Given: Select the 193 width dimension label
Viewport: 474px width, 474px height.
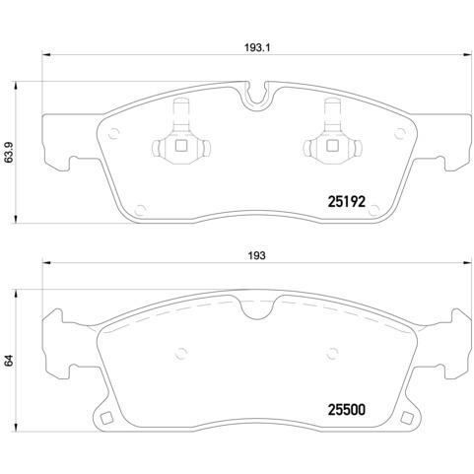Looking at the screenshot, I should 255,255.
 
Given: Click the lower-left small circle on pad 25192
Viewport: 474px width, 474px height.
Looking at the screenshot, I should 141,207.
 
